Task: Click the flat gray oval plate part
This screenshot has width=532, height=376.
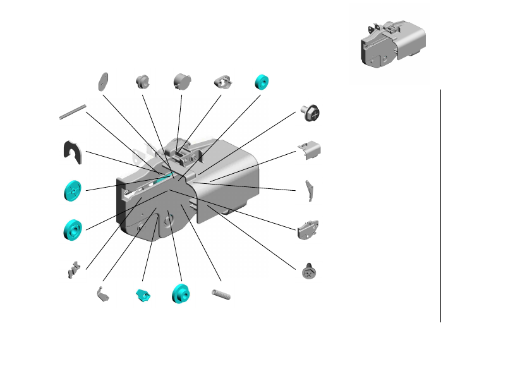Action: [104, 81]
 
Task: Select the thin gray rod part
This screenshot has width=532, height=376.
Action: [72, 112]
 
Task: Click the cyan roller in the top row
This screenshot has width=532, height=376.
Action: [261, 82]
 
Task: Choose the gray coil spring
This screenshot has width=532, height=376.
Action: [221, 294]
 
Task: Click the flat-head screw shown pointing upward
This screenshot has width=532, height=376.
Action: [309, 272]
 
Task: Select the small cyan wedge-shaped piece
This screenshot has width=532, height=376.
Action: [142, 295]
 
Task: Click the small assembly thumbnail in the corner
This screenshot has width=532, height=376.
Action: [390, 44]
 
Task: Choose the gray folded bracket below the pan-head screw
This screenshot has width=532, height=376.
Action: [310, 150]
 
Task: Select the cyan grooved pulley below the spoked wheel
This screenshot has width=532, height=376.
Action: [73, 229]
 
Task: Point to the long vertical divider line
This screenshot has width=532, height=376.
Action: [440, 205]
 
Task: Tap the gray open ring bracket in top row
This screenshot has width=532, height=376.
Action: [222, 82]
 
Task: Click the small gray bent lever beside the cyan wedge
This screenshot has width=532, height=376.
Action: [101, 293]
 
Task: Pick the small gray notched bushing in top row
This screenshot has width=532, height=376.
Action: [143, 81]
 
